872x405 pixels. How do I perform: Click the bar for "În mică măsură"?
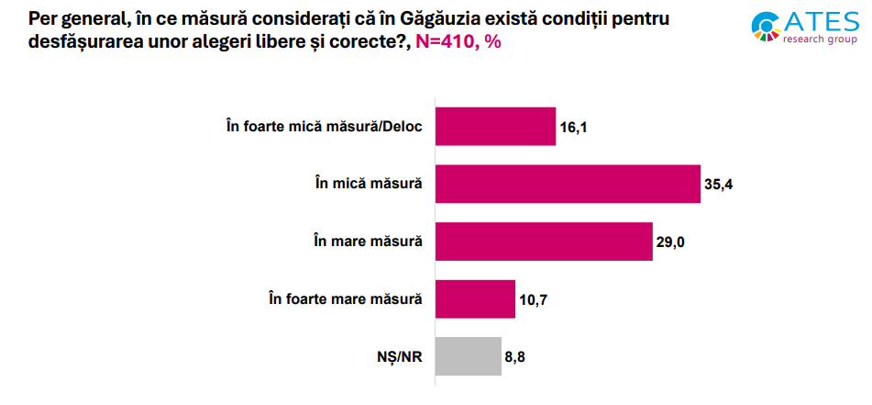pyautogui.click(x=567, y=184)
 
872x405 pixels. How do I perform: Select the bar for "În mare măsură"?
pyautogui.click(x=543, y=241)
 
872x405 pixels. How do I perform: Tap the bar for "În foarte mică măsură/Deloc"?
pyautogui.click(x=495, y=127)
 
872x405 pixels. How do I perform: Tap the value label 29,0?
pyautogui.click(x=671, y=242)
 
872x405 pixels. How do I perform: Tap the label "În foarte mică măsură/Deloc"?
pyautogui.click(x=324, y=127)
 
